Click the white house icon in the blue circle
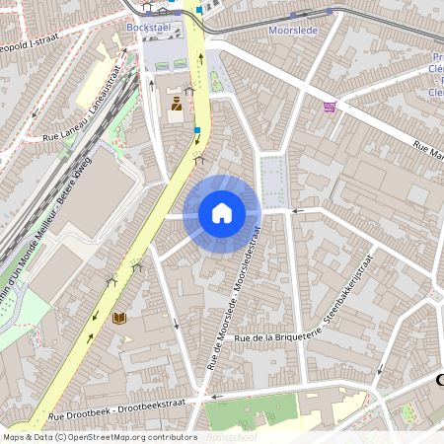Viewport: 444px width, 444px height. [222, 213]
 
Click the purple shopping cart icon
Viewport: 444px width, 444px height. [330, 108]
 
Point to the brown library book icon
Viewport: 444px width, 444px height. [119, 319]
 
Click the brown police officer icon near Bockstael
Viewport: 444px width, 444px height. [177, 106]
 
